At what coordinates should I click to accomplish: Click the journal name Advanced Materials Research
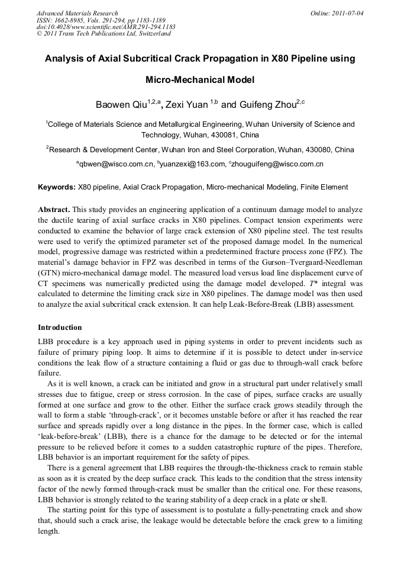(77, 12)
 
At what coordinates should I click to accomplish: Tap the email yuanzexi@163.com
(192, 164)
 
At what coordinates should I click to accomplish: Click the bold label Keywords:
(57, 187)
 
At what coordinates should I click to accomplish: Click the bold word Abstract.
(54, 210)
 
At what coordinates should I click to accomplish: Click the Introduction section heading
(60, 328)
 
